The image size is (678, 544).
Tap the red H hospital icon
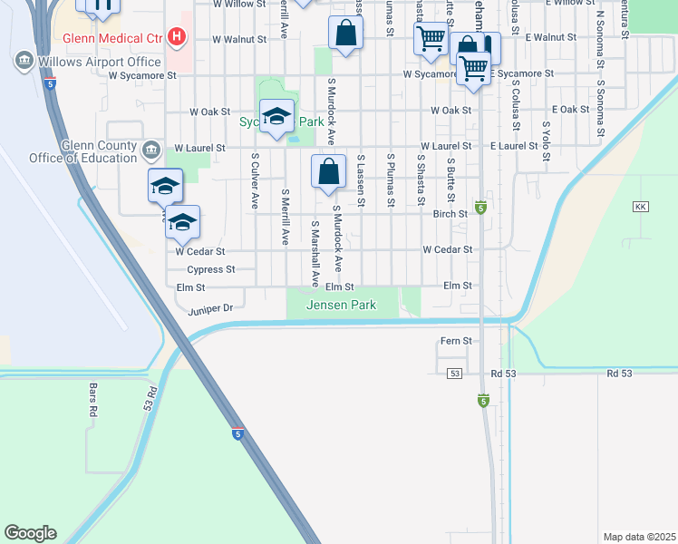(x=178, y=38)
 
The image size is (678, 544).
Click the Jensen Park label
(x=341, y=306)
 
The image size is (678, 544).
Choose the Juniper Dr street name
(x=211, y=308)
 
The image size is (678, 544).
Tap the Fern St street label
(x=456, y=341)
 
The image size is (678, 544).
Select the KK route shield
(x=642, y=207)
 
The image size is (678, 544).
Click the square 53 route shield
(x=455, y=374)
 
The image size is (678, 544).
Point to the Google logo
(x=30, y=533)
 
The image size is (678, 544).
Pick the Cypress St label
(x=210, y=269)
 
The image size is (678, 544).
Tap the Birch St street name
(x=450, y=214)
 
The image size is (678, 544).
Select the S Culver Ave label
(x=256, y=180)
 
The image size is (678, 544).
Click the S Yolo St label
(x=546, y=141)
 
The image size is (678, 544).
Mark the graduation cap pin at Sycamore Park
(x=276, y=116)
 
